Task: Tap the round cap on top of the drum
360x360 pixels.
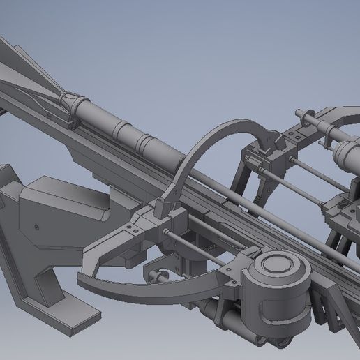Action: [x=278, y=268]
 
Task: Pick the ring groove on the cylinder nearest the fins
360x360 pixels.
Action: [x=122, y=128]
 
